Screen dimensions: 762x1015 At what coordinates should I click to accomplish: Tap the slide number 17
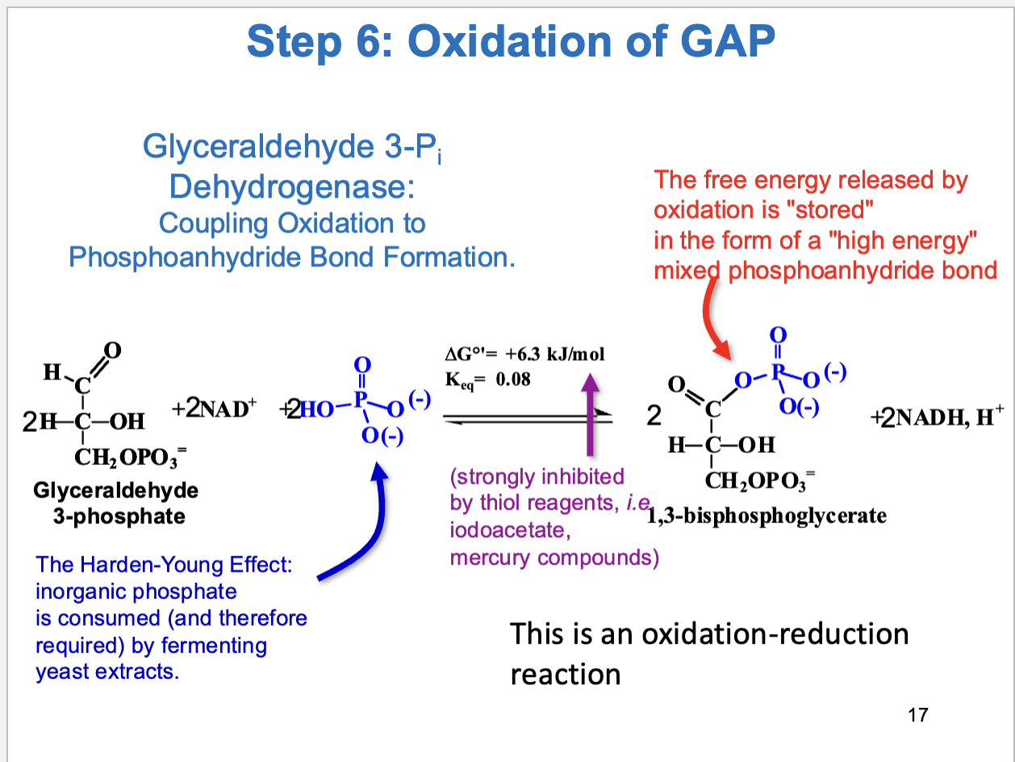click(918, 714)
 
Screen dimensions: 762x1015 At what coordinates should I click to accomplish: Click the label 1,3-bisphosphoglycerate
click(766, 516)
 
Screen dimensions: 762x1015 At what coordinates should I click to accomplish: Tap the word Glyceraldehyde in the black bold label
click(116, 490)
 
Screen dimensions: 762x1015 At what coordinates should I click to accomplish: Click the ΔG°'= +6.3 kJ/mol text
click(524, 354)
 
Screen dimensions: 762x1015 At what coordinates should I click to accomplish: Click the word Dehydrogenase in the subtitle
click(291, 187)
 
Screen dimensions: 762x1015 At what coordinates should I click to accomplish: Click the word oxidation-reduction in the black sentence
click(775, 634)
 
